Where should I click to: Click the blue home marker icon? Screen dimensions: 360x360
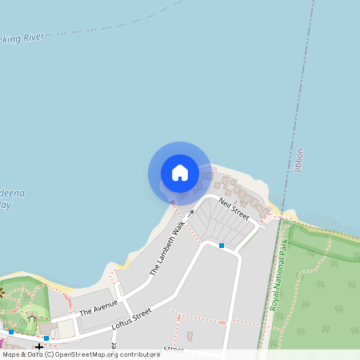point(180,173)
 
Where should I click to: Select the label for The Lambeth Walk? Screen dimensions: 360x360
point(167,250)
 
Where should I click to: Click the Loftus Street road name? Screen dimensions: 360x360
point(133,322)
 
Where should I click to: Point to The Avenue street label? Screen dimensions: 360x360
point(98,306)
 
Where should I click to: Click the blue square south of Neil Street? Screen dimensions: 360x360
point(222,246)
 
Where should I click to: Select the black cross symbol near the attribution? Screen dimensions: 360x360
point(39,346)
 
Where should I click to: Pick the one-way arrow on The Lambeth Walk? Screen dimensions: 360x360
point(191,214)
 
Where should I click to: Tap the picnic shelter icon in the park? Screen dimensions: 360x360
point(32,318)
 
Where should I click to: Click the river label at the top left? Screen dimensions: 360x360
point(24,37)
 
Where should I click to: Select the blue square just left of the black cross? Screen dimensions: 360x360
point(11,331)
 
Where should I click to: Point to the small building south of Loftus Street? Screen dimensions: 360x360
point(190,336)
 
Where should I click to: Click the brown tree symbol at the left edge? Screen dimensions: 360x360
point(2,293)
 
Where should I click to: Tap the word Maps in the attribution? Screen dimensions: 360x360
point(11,354)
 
